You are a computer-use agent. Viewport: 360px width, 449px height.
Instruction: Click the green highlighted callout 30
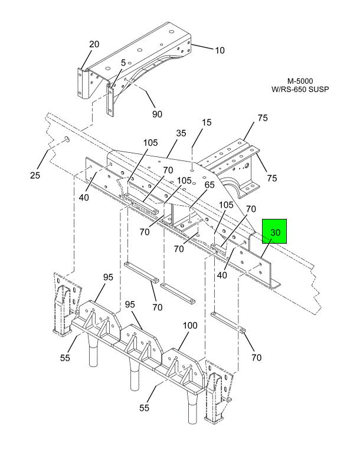[274, 231]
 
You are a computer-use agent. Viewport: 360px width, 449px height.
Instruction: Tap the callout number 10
[220, 50]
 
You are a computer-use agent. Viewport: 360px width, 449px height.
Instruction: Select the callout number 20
[94, 44]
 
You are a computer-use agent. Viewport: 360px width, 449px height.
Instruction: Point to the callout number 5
[123, 63]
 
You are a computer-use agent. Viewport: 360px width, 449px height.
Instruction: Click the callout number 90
[157, 114]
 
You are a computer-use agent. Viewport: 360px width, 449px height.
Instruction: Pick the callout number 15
[207, 122]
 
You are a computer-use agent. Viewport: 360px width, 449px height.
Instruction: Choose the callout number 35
[181, 133]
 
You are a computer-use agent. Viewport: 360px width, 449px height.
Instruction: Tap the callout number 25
[35, 175]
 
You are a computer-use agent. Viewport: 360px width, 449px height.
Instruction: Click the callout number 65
[210, 185]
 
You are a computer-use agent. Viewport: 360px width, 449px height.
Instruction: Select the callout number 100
[190, 325]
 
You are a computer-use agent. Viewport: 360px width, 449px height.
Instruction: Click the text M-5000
[300, 81]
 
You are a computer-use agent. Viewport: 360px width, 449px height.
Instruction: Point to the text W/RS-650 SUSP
[300, 89]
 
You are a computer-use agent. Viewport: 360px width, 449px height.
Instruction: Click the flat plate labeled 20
[81, 82]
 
